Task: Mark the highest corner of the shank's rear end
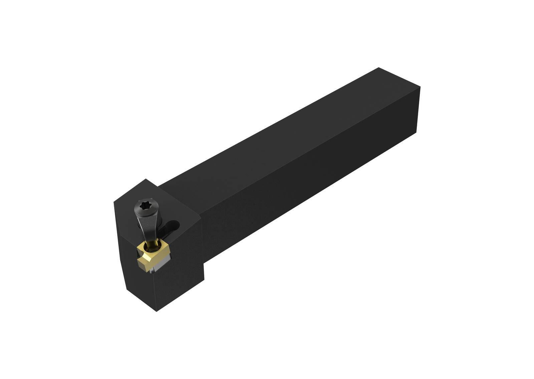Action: [x=378, y=68]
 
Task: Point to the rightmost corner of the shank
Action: [x=420, y=87]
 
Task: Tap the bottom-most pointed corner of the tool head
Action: [x=157, y=311]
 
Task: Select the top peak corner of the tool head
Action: [x=146, y=179]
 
